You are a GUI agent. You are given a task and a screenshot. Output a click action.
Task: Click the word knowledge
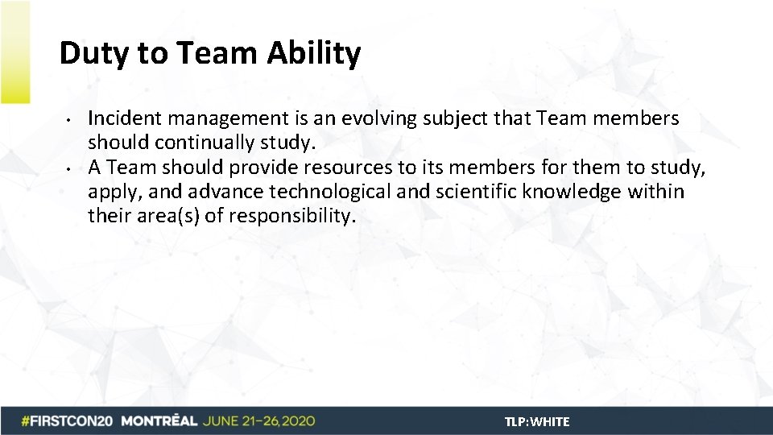point(576,192)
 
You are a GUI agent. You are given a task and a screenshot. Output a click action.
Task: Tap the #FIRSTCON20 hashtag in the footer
point(68,421)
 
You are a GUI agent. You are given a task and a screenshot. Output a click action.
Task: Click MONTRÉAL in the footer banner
point(159,421)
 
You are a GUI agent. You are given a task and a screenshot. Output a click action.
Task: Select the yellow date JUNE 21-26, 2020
point(259,421)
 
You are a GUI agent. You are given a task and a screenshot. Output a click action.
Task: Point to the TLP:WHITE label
point(537,422)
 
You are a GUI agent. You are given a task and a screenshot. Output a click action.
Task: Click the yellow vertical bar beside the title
point(14,52)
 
